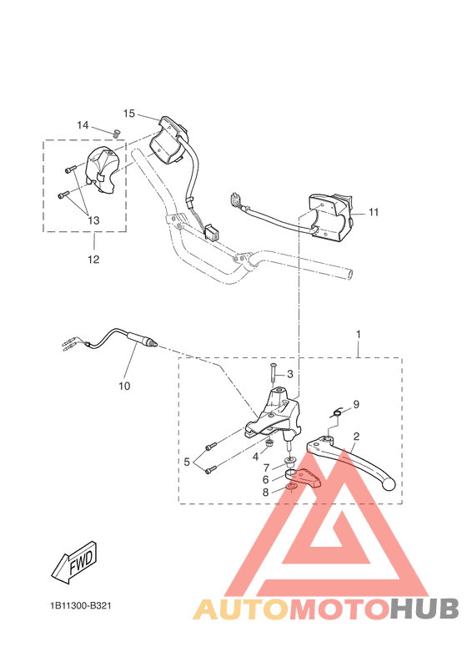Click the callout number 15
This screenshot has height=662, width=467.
pos(129,113)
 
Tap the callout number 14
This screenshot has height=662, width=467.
pos(83,125)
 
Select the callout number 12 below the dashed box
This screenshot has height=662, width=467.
pos(93,260)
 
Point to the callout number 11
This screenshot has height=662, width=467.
pos(374,212)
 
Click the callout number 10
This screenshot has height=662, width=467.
pos(125,387)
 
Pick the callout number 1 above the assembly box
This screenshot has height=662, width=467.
pos(359,334)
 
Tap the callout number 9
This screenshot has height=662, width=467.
pos(356,404)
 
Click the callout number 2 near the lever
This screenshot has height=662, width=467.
pos(356,436)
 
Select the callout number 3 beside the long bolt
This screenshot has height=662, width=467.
pos(290,374)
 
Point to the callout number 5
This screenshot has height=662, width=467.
pos(187,461)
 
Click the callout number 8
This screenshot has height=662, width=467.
pos(266,493)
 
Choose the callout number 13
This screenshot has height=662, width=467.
pos(93,220)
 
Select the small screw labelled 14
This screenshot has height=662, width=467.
pos(116,132)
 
